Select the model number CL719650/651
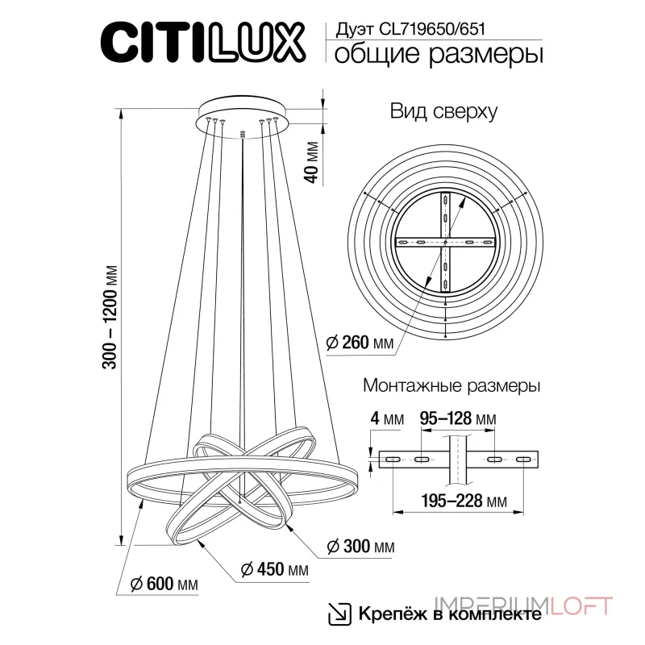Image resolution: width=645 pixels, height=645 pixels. coord(427,27)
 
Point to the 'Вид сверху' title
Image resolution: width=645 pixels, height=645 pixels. coord(443,112)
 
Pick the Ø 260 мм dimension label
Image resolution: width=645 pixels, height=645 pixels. coord(360,343)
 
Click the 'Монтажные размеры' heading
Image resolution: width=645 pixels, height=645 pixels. coord(451,386)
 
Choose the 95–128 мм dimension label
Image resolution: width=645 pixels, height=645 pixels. coord(457,419)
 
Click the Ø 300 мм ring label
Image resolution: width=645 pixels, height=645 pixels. coord(360,547)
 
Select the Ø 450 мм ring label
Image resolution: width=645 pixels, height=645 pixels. coord(275,570)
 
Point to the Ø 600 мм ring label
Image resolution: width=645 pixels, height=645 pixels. coord(164,584)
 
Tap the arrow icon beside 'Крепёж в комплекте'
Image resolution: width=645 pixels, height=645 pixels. coord(339,613)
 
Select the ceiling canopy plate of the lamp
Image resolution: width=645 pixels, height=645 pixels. coord(242,111)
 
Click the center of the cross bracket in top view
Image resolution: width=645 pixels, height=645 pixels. coord(445,242)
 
